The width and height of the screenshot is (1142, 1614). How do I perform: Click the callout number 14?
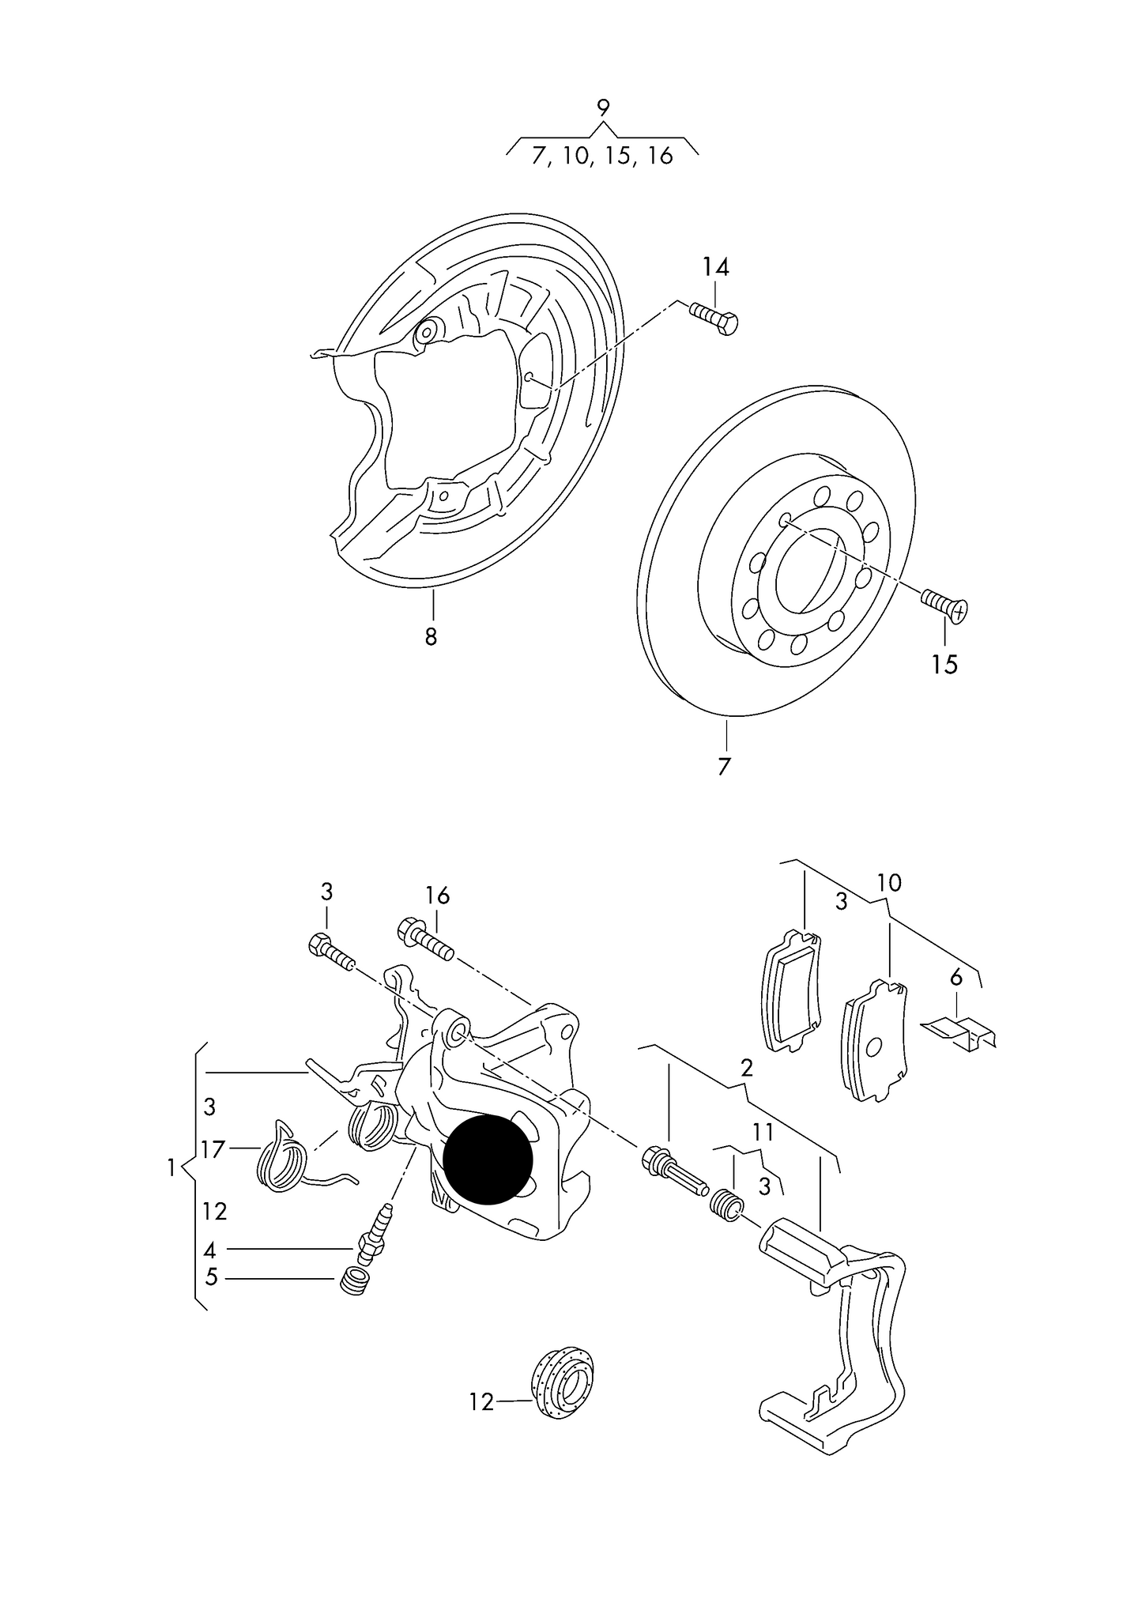715,267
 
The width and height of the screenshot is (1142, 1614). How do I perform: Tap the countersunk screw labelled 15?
944,606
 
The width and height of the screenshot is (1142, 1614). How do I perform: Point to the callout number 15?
944,665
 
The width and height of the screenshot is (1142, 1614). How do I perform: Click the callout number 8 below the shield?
431,636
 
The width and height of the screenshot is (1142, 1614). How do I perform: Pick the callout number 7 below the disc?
724,766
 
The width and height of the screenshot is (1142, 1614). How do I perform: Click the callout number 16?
437,896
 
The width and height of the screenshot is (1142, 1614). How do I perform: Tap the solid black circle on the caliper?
488,1160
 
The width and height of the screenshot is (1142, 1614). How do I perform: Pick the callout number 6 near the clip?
956,978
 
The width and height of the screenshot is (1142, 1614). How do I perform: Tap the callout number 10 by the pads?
889,883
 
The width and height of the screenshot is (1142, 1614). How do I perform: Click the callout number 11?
763,1133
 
